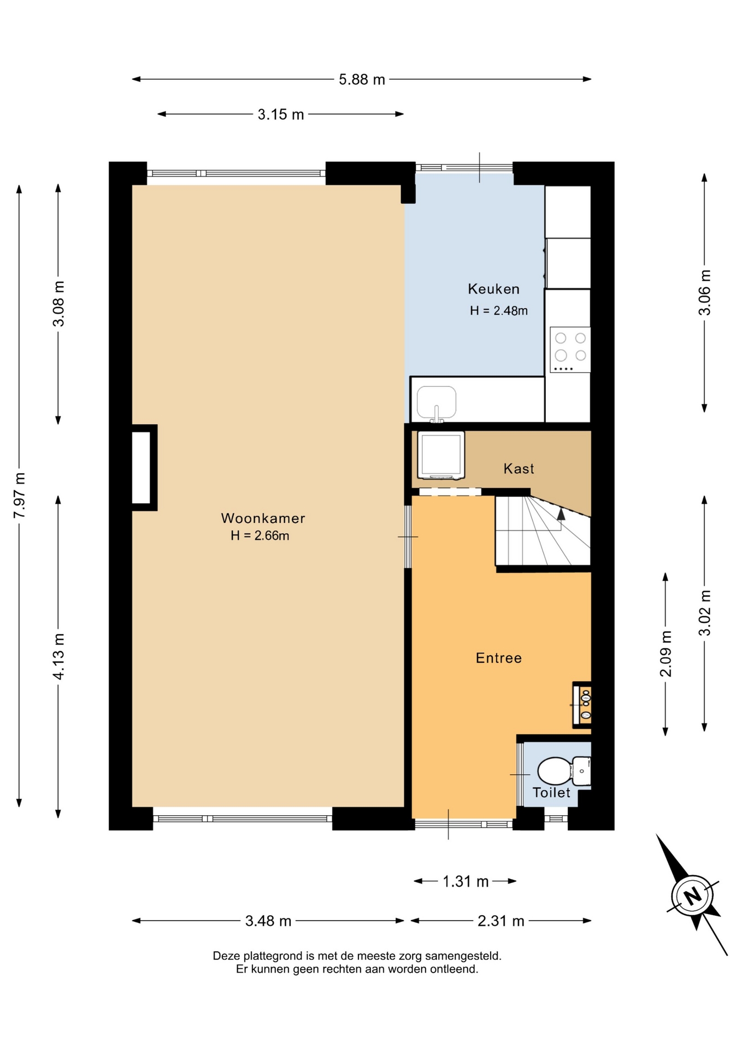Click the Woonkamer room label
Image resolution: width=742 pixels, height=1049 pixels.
(x=263, y=518)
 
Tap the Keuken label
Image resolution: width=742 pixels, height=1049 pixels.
(x=493, y=289)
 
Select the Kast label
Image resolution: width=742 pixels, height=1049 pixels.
(x=519, y=468)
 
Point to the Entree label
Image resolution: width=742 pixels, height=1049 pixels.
(x=498, y=658)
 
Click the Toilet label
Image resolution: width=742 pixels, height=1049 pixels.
(x=551, y=792)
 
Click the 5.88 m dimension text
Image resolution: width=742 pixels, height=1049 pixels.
(x=362, y=80)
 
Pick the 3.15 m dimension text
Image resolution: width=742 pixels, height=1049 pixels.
(x=281, y=115)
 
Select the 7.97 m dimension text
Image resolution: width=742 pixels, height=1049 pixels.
(x=19, y=496)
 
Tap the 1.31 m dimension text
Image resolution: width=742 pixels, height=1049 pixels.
(x=465, y=881)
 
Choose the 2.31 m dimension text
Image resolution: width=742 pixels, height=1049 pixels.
(x=501, y=921)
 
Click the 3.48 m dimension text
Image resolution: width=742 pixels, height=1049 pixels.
(x=268, y=921)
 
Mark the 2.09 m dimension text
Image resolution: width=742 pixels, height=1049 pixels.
(x=666, y=654)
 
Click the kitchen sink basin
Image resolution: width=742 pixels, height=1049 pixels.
(x=437, y=403)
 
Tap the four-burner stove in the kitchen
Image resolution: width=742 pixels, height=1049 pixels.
(x=570, y=350)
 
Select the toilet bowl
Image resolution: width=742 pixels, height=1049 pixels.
(x=555, y=771)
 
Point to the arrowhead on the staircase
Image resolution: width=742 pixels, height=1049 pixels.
(x=561, y=514)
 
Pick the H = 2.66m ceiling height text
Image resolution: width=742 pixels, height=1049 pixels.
(x=260, y=536)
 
